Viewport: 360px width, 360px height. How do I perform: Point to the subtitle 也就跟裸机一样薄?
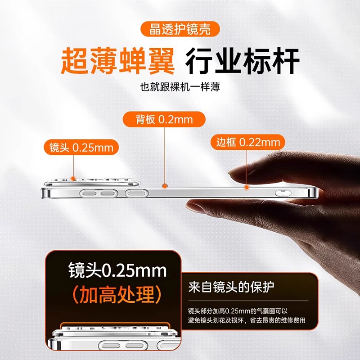[x=180, y=86]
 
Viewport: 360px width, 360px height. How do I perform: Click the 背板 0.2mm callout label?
[x=164, y=120]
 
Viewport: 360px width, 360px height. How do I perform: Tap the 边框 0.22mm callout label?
[x=248, y=143]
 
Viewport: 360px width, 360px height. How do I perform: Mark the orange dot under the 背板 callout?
[x=165, y=185]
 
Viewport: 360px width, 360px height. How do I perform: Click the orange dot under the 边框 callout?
[x=246, y=185]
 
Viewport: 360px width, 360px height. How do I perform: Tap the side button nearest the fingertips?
[x=283, y=194]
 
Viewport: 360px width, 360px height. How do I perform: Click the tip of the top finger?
[x=234, y=173]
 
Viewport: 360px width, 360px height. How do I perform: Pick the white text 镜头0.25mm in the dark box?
[x=117, y=270]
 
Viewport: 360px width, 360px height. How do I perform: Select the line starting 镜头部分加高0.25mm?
[x=241, y=311]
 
